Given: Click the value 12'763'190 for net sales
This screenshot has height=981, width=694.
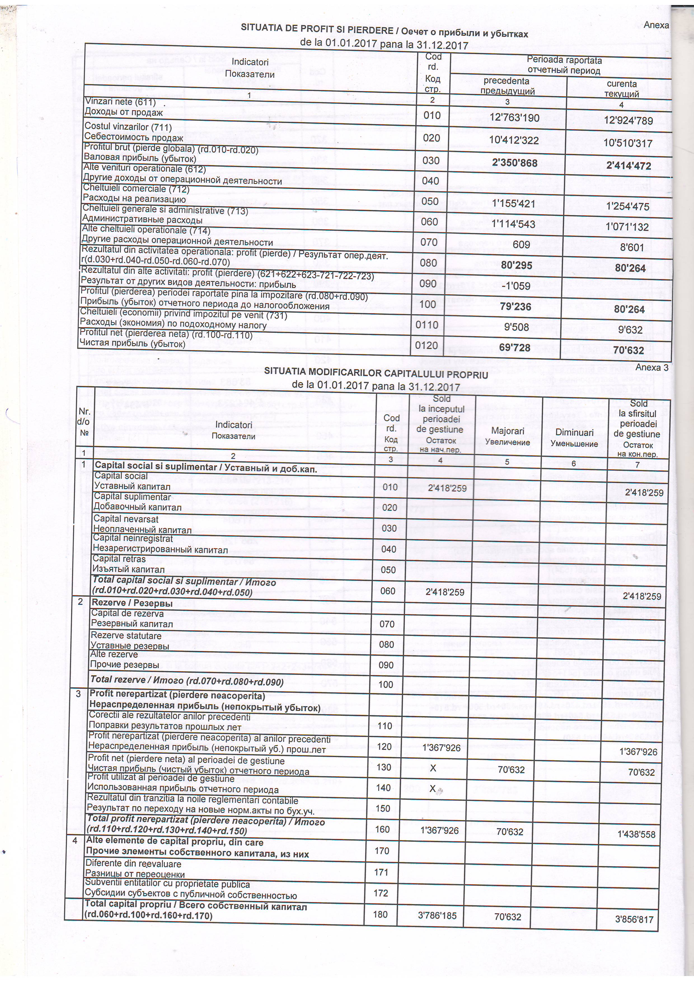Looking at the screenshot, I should click(514, 117).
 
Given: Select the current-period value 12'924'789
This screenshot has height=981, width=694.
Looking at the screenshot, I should click(628, 121).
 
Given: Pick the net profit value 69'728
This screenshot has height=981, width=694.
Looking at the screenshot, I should click(515, 348).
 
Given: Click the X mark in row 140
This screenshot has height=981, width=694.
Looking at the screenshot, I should click(433, 788).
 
